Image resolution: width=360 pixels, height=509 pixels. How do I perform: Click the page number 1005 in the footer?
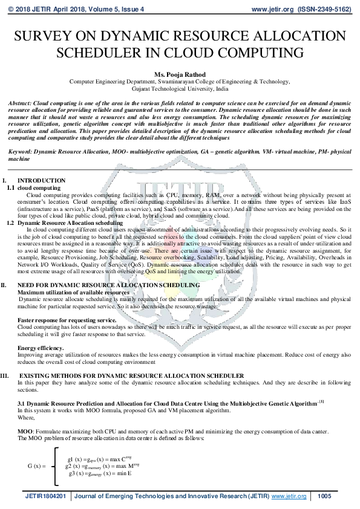click(x=324, y=496)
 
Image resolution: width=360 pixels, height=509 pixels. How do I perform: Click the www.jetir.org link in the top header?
click(x=271, y=10)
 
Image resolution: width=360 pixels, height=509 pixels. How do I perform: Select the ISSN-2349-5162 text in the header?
click(x=326, y=10)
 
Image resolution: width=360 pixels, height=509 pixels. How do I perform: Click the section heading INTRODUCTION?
click(x=41, y=181)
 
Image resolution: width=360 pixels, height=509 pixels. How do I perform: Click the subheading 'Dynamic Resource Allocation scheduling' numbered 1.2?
click(x=70, y=223)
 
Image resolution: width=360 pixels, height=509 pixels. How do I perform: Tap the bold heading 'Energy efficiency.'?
click(x=41, y=348)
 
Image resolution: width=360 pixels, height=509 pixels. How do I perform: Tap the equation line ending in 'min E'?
click(x=100, y=473)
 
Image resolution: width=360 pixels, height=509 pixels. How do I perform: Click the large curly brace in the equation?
click(x=56, y=465)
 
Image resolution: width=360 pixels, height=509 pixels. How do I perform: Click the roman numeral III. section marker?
click(x=6, y=376)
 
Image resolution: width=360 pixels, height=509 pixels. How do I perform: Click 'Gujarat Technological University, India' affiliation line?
click(x=180, y=88)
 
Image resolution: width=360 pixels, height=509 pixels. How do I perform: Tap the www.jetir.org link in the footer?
click(x=289, y=496)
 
